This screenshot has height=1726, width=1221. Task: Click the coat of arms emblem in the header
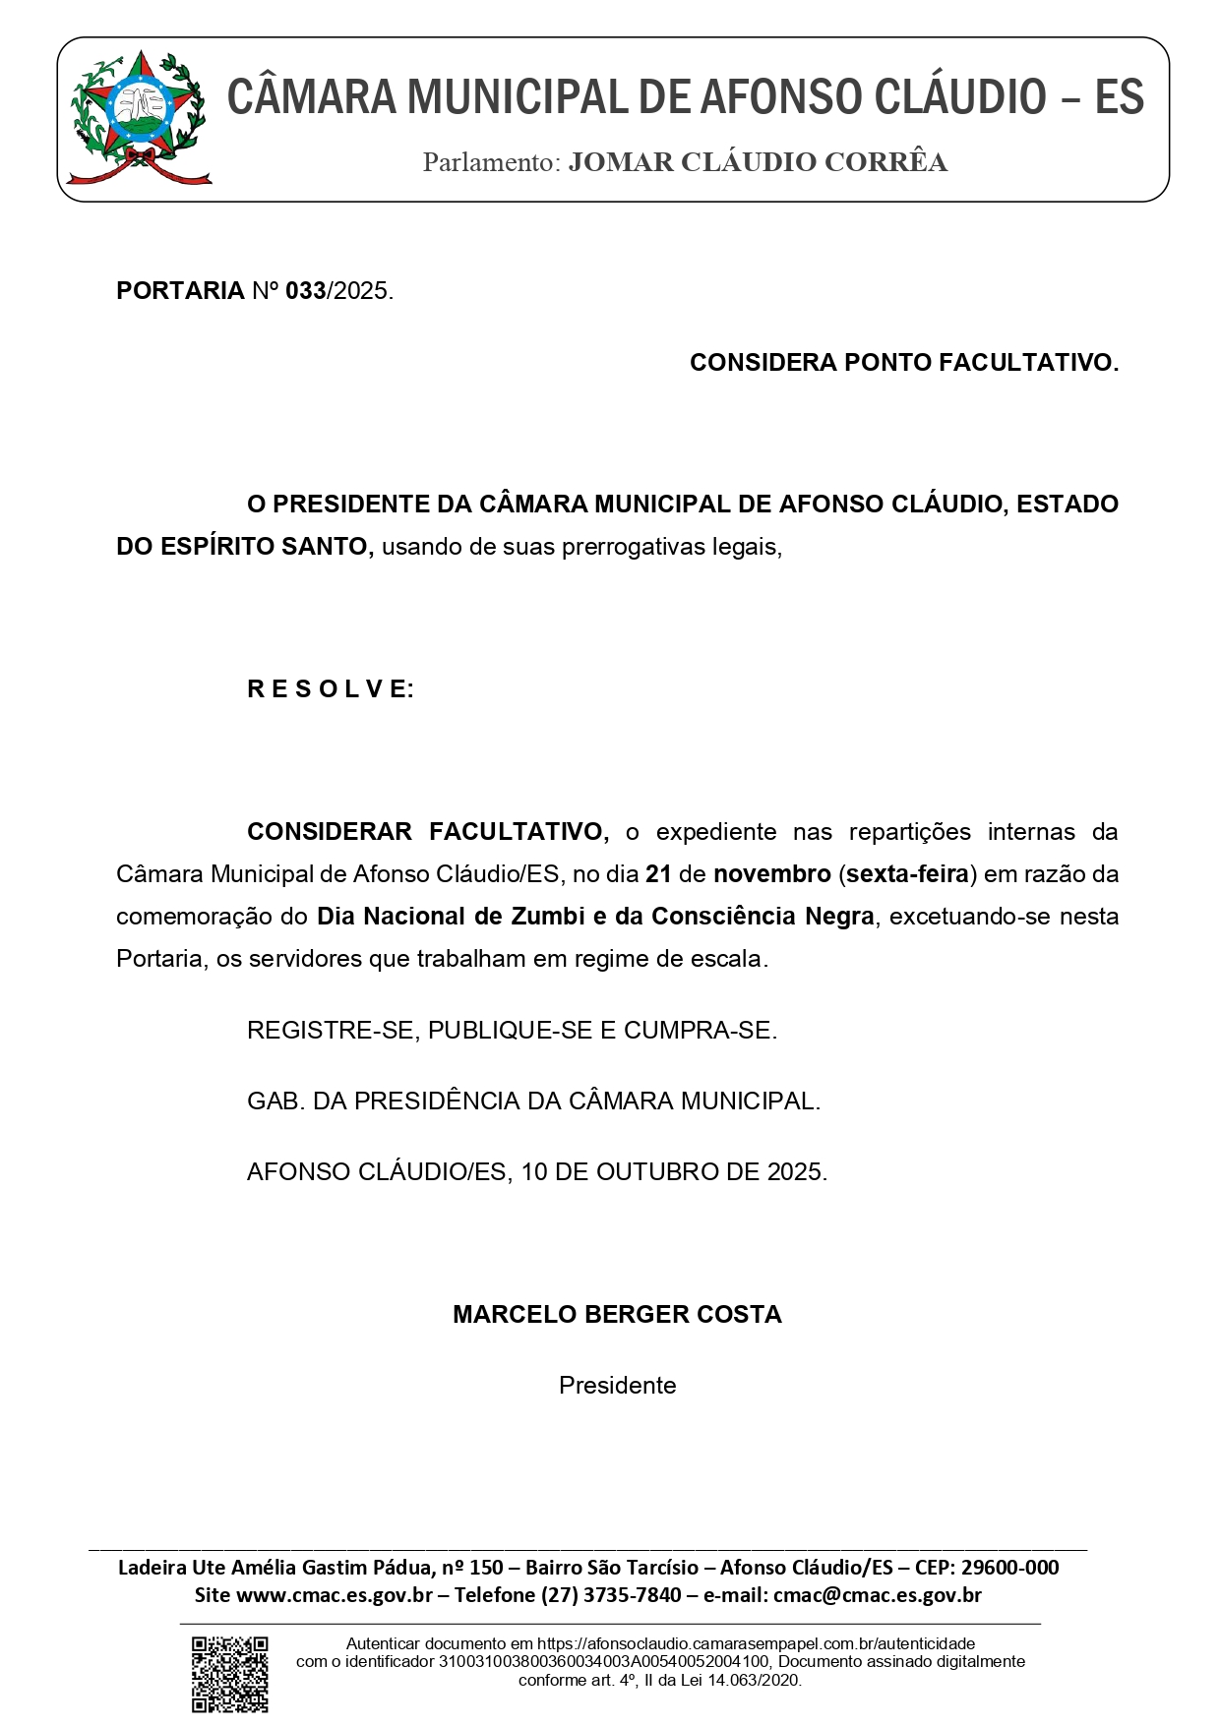pos(139,118)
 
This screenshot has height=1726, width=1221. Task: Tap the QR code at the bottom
pos(229,1674)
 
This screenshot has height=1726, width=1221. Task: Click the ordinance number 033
pos(305,291)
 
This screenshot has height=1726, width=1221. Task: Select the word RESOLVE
pos(331,689)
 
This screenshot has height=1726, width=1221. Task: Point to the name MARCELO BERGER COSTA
pos(617,1315)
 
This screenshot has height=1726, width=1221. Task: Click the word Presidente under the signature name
pos(617,1386)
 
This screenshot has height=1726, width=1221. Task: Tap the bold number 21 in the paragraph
pos(658,874)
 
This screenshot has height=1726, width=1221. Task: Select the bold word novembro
pos(772,874)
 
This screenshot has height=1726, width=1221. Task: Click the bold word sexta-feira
pos(907,874)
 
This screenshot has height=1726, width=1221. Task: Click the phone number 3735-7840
pos(632,1595)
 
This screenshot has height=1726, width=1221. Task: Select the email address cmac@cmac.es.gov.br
pos(878,1595)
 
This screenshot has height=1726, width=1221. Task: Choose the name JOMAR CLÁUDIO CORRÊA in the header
pos(758,163)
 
